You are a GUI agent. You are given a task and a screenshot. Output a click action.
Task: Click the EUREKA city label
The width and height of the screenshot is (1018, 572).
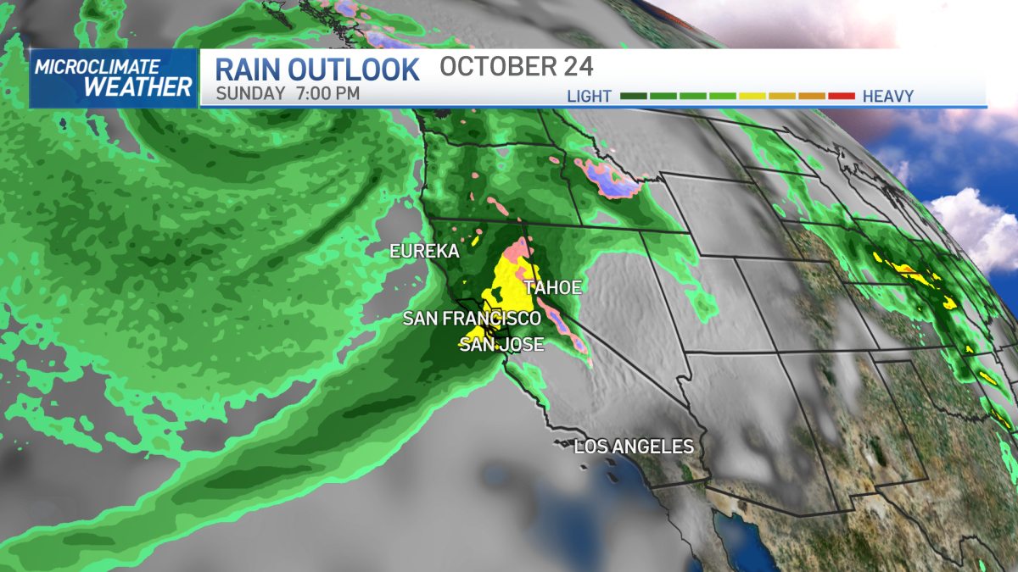pos(424,252)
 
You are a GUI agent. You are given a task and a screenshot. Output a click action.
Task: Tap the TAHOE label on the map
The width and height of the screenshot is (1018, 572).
pos(552,288)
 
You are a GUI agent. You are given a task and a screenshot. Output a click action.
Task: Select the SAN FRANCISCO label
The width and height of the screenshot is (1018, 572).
pos(471,319)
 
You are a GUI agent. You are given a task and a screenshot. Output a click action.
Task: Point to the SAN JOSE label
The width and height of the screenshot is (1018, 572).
pos(501,344)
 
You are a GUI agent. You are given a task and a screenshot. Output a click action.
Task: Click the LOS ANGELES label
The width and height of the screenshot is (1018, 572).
pos(634,447)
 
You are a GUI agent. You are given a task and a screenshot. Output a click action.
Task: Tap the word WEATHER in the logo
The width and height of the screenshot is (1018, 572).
pos(138,86)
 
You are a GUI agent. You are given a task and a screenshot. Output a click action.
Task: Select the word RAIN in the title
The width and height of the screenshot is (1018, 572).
pos(254,69)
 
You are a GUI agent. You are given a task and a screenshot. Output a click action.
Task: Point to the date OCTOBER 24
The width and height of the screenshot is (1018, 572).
pos(516,67)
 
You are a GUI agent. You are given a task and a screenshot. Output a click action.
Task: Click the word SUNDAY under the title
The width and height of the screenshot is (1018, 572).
pos(250,93)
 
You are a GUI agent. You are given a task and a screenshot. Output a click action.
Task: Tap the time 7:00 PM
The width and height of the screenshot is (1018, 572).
pos(327,93)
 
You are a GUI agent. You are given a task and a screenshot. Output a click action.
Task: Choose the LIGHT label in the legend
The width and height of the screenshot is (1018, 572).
pos(590,97)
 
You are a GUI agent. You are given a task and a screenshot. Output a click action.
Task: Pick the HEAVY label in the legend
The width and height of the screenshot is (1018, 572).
pos(887,97)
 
